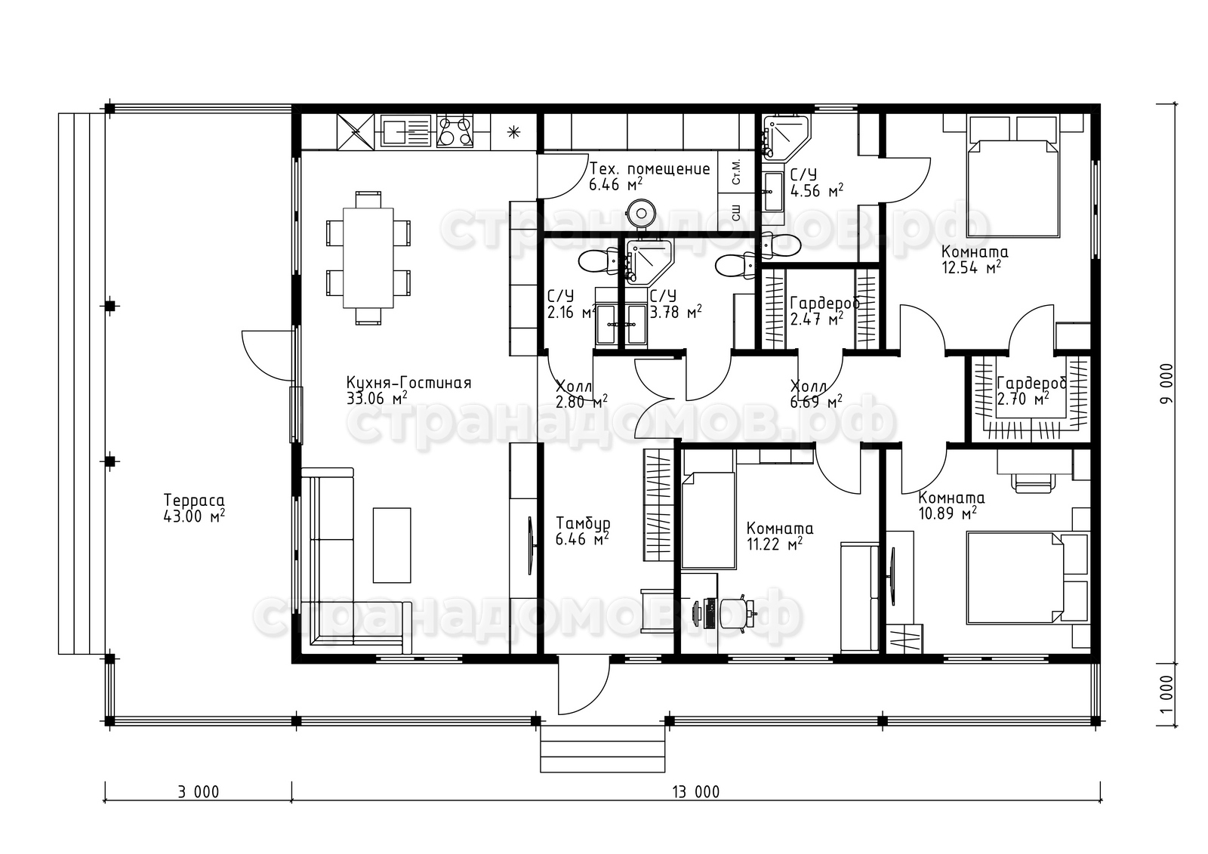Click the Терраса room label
click(x=193, y=500)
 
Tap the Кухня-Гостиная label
click(x=408, y=383)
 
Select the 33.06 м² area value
click(x=377, y=399)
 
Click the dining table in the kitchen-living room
click(x=368, y=258)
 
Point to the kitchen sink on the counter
click(x=405, y=131)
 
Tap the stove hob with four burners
click(x=455, y=131)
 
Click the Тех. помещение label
click(x=649, y=169)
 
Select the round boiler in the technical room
click(x=641, y=211)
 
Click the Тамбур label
click(x=583, y=523)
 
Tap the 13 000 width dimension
click(x=695, y=792)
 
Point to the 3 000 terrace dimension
click(x=199, y=792)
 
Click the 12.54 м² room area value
click(x=971, y=268)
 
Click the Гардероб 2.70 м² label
click(x=1031, y=391)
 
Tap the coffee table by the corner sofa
click(x=392, y=545)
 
